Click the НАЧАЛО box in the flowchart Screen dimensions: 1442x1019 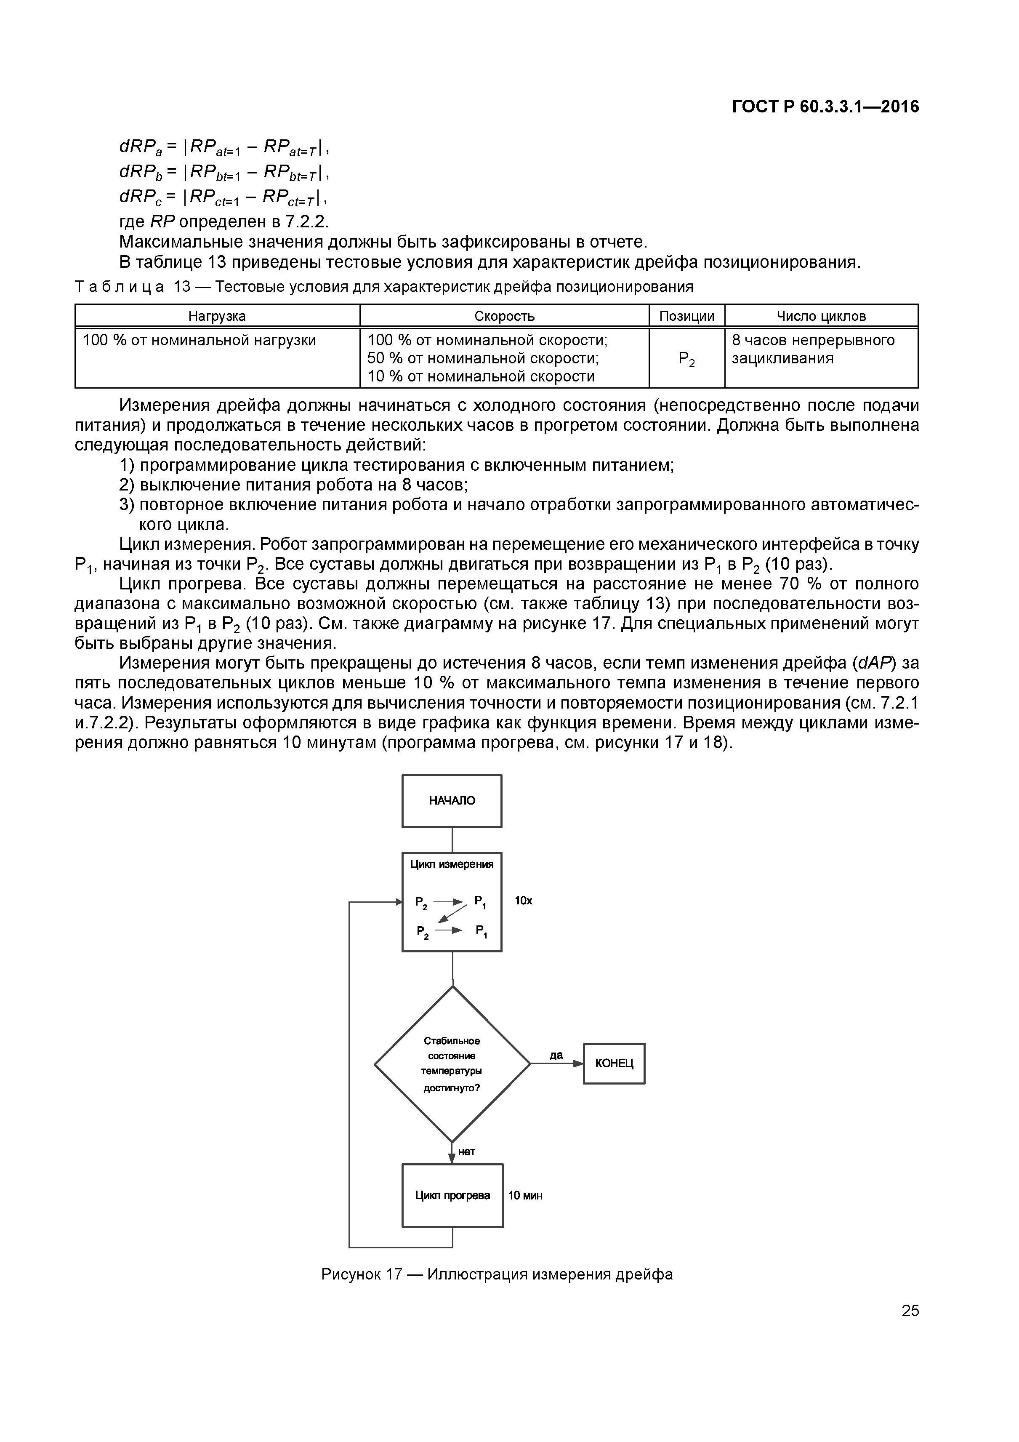coord(452,801)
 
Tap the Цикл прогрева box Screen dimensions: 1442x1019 coord(452,1196)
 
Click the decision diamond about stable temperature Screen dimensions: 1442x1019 coord(452,1064)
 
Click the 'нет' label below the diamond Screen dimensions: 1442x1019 coord(466,1152)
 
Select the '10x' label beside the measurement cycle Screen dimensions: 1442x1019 coord(523,901)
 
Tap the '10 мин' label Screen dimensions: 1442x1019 coord(525,1196)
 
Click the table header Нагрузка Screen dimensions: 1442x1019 coord(217,316)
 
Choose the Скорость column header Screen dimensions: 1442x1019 coord(504,316)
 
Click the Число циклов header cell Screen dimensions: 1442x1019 coord(821,316)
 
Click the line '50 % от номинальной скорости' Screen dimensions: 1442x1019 coord(482,359)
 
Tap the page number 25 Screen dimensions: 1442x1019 coord(910,1311)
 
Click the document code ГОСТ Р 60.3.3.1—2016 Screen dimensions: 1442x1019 coord(825,107)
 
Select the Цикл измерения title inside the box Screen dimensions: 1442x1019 coord(452,865)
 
